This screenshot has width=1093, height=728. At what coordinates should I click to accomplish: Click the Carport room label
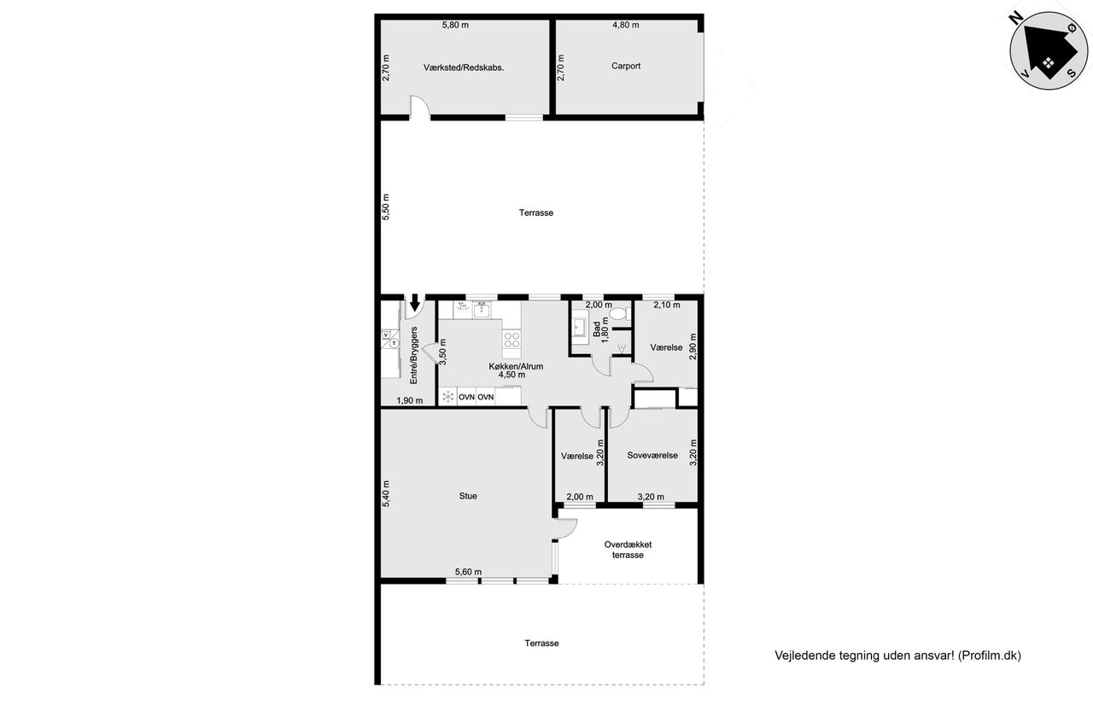(x=626, y=66)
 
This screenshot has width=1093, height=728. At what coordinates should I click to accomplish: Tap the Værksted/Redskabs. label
(x=464, y=67)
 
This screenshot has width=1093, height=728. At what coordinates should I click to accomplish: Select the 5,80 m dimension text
(x=455, y=25)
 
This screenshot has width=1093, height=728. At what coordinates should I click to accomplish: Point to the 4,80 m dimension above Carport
(x=626, y=25)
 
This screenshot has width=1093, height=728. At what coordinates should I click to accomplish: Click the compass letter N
(x=1016, y=19)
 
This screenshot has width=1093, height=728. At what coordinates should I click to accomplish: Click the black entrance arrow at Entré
(x=415, y=302)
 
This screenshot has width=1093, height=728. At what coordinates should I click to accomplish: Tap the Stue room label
(x=468, y=496)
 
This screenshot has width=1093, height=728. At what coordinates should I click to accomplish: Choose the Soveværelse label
(x=652, y=456)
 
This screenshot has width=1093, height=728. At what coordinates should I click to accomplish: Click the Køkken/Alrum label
(x=516, y=366)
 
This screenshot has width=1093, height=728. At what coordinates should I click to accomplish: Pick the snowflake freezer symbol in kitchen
(x=448, y=396)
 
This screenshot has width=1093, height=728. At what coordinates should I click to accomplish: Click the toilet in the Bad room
(x=620, y=313)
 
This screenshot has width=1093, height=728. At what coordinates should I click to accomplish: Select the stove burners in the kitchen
(x=511, y=339)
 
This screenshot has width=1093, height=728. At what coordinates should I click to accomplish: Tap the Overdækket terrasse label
(x=628, y=550)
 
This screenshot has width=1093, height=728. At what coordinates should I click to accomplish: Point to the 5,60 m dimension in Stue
(x=469, y=572)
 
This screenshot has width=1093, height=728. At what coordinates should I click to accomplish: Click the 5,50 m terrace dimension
(x=386, y=207)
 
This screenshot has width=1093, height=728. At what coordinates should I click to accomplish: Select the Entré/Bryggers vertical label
(x=414, y=356)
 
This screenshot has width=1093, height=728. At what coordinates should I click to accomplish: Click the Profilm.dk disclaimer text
(x=897, y=655)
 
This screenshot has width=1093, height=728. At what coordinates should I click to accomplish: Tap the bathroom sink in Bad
(x=579, y=327)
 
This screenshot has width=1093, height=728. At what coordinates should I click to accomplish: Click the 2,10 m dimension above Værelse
(x=667, y=305)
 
